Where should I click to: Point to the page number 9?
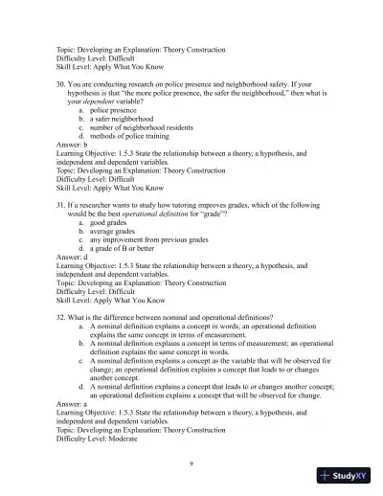coord(191,462)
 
